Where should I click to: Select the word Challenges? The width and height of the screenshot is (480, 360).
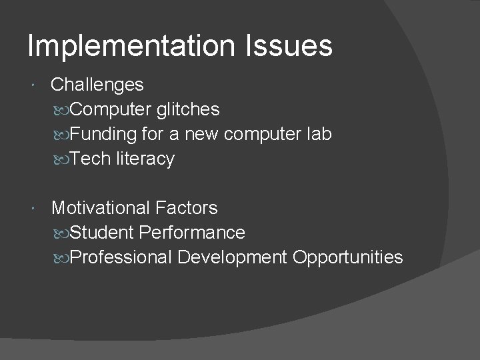click(x=97, y=85)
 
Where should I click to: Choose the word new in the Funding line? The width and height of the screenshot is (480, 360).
click(x=201, y=134)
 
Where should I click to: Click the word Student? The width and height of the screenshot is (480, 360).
click(x=101, y=233)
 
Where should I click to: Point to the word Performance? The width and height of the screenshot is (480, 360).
click(x=192, y=233)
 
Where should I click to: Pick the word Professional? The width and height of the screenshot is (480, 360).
click(x=121, y=257)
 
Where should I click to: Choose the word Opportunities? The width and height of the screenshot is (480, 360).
click(x=347, y=257)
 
